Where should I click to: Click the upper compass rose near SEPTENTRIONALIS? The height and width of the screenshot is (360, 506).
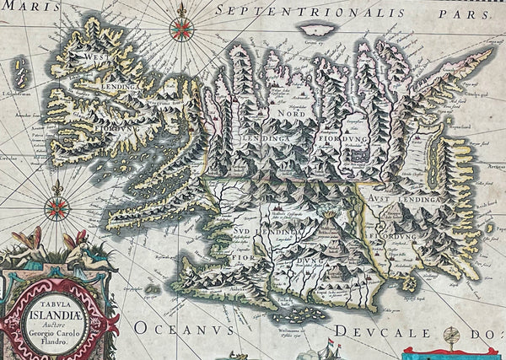pos(180,29)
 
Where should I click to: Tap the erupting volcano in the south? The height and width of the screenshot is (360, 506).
pos(328,228)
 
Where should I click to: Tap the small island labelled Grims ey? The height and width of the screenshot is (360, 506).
pos(313,30)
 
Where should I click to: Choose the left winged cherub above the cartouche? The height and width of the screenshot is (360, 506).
pos(28,245)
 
